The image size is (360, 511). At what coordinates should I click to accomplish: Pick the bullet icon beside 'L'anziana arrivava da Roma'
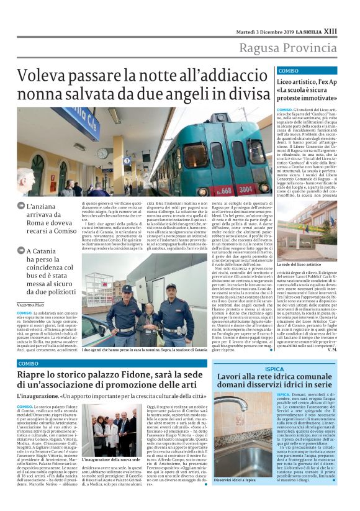[x=21, y=207]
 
